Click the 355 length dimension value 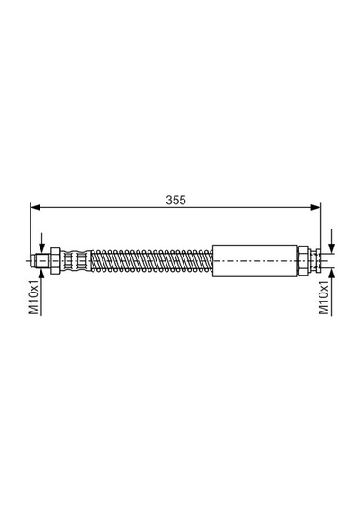[175, 200]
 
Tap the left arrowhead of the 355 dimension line [35, 207]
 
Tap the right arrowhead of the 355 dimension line [316, 207]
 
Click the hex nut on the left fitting [55, 261]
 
